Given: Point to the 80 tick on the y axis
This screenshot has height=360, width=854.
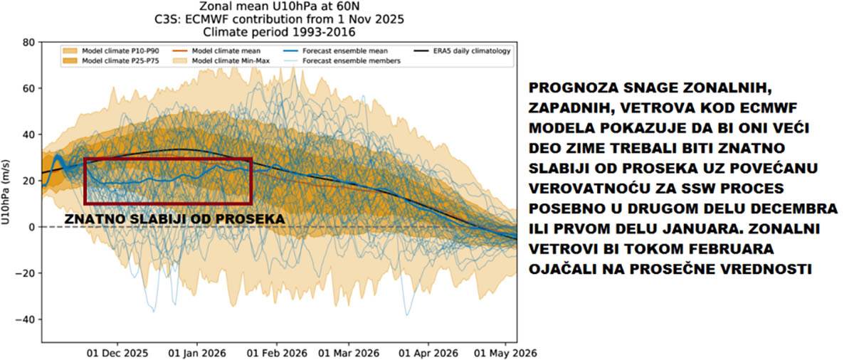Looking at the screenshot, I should (29, 42).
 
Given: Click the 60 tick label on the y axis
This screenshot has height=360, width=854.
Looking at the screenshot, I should (29, 88).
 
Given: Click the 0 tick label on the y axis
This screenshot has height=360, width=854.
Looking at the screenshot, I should (32, 227).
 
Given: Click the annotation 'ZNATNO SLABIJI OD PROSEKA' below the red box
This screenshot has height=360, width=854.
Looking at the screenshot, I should (174, 218).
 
